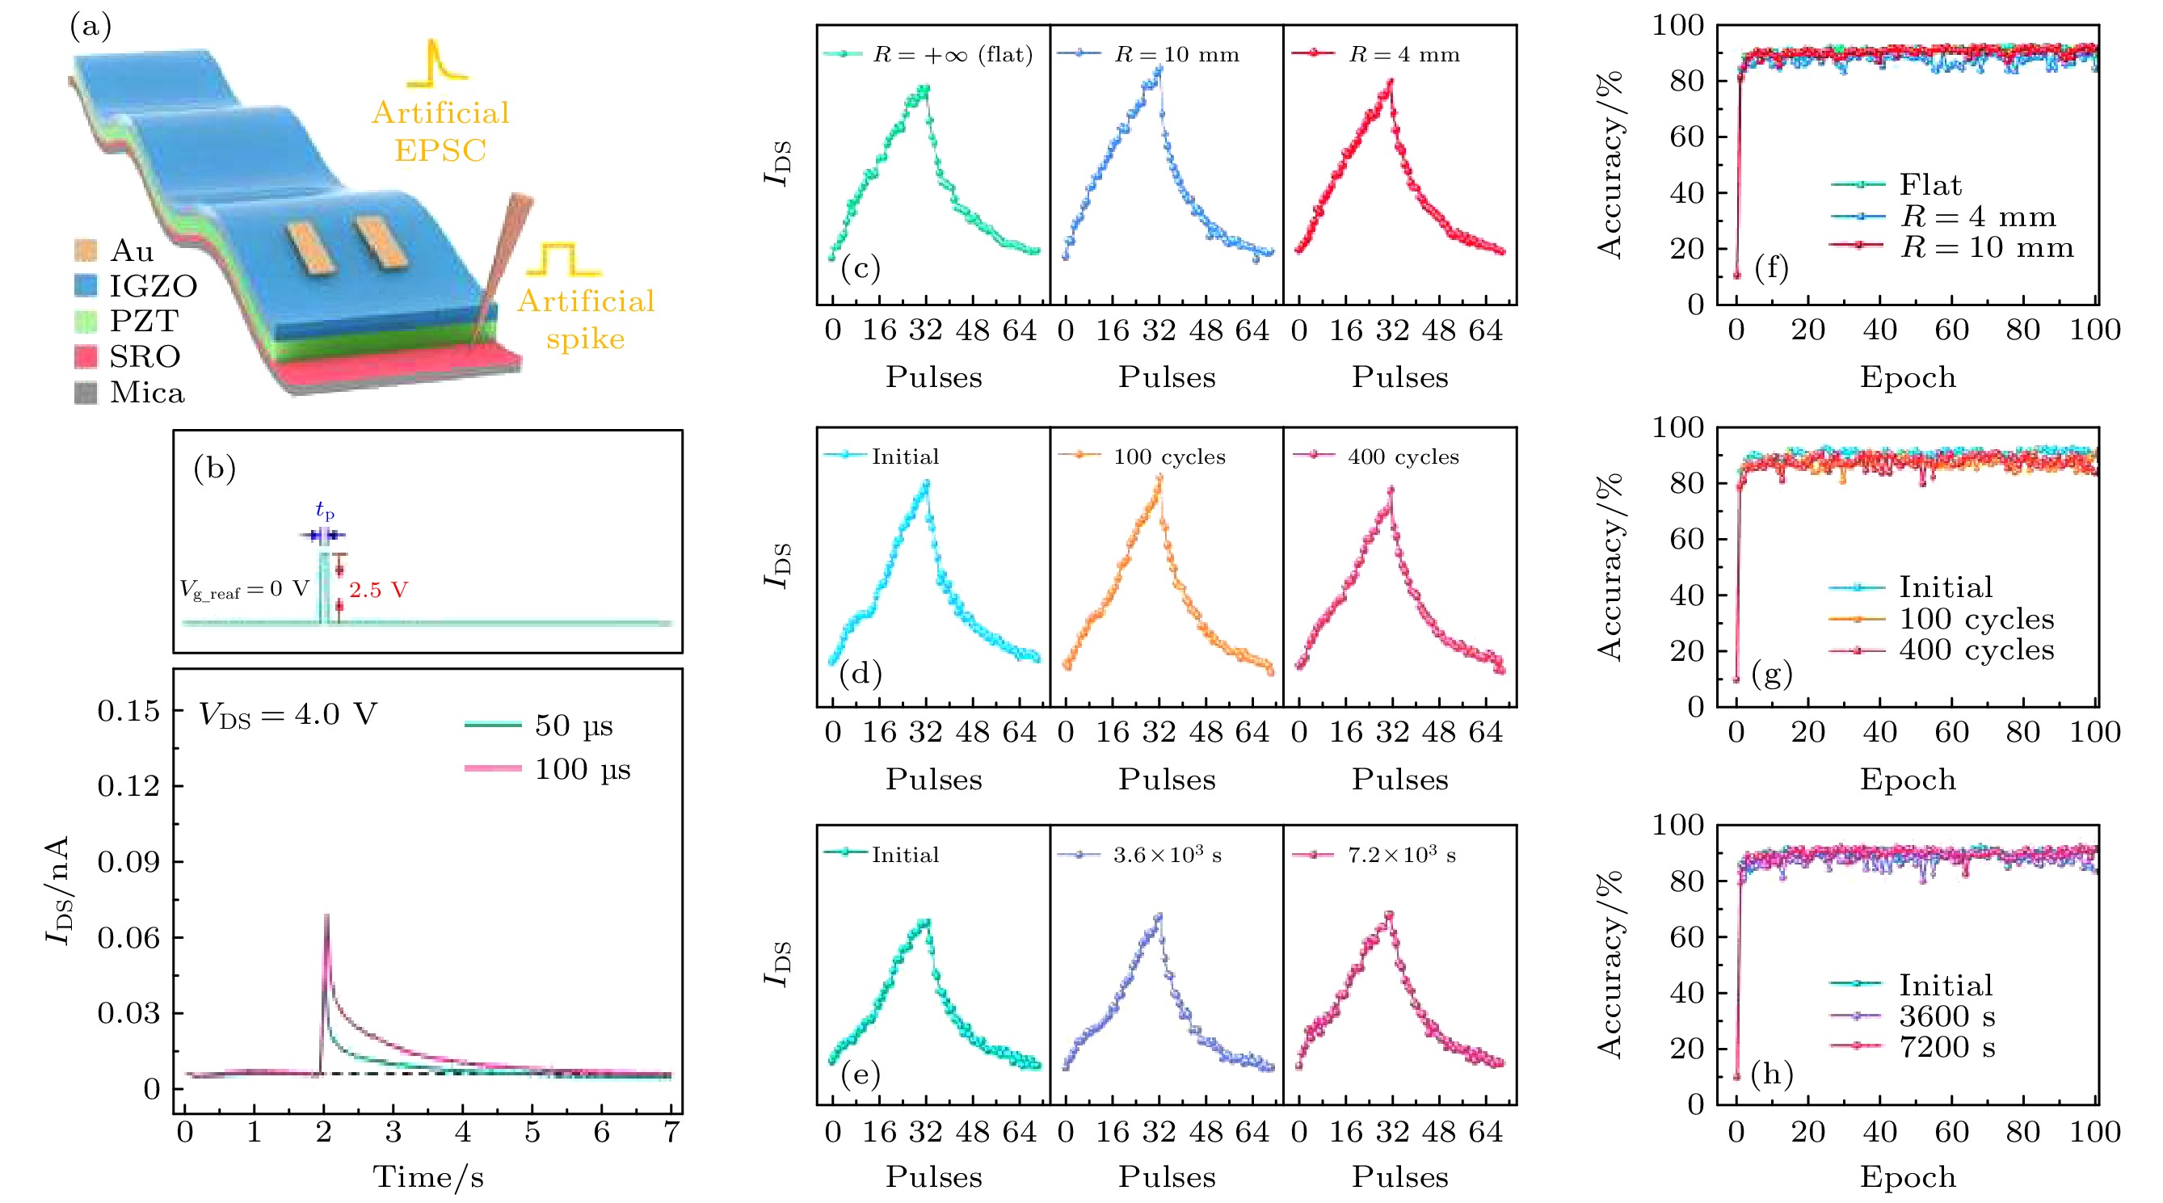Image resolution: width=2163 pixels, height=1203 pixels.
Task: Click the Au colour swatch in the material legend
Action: pyautogui.click(x=86, y=250)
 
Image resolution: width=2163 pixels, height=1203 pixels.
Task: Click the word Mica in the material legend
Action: pyautogui.click(x=147, y=393)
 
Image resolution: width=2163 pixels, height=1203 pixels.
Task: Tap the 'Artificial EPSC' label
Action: pyautogui.click(x=441, y=131)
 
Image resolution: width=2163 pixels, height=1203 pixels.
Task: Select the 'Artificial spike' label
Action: pyautogui.click(x=586, y=319)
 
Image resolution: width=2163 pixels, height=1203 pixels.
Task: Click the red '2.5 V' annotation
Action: pyautogui.click(x=379, y=589)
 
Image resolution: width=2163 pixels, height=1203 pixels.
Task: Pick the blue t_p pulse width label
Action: pyautogui.click(x=325, y=510)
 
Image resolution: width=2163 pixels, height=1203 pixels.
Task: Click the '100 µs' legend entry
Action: pyautogui.click(x=582, y=769)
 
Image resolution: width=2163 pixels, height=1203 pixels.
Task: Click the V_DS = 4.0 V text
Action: pyautogui.click(x=288, y=714)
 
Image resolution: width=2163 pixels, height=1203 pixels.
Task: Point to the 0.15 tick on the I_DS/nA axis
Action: pyautogui.click(x=128, y=711)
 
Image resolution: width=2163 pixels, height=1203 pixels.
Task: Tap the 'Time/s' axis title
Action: pyautogui.click(x=428, y=1177)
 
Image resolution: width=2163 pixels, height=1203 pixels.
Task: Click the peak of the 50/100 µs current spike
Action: pyautogui.click(x=326, y=916)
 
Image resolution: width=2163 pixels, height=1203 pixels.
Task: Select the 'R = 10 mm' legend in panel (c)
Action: pyautogui.click(x=1176, y=55)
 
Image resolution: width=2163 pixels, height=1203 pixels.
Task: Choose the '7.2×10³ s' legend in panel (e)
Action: pyautogui.click(x=1401, y=855)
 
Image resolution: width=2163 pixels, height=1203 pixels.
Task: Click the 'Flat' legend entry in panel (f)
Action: pyautogui.click(x=1930, y=185)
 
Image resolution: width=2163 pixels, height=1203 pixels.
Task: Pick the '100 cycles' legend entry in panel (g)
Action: pyautogui.click(x=1976, y=619)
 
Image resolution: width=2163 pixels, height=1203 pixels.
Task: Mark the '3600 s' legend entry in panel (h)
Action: pyautogui.click(x=1946, y=1016)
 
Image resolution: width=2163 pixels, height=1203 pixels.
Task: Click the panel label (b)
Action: pyautogui.click(x=214, y=468)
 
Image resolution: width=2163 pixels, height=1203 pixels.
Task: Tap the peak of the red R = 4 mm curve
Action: pyautogui.click(x=1391, y=82)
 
